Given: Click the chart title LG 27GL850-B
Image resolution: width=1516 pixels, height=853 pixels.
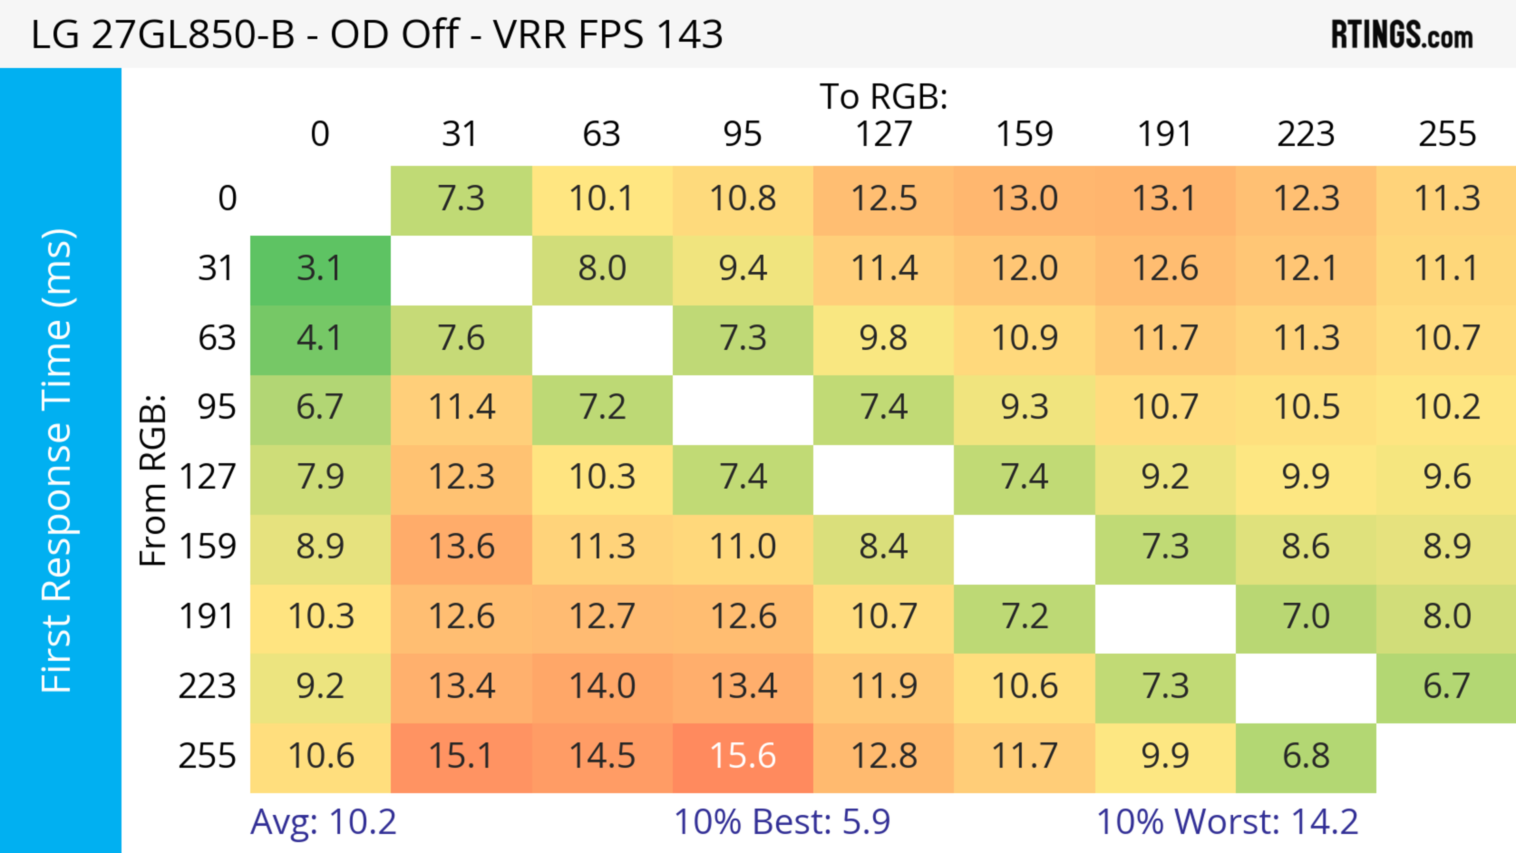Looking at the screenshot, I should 377,34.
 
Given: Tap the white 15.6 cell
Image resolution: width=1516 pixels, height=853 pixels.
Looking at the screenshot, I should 743,756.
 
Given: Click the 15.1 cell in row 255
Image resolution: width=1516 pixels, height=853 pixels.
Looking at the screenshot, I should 461,756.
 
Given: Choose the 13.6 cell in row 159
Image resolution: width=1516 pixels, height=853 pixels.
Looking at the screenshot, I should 461,547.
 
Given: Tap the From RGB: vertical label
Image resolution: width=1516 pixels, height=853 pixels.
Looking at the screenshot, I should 152,480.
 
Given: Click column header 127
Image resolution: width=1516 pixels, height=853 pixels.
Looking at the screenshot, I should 884,134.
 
